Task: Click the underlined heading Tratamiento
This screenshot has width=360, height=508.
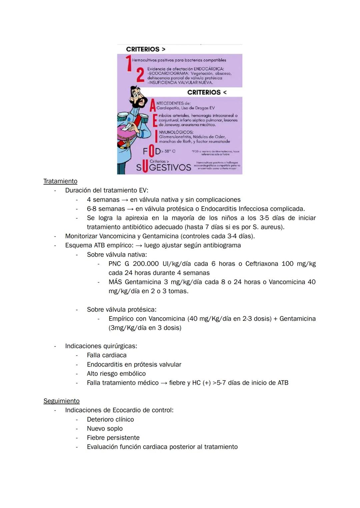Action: pos(60,181)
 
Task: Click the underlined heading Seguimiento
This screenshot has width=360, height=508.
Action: pos(62,401)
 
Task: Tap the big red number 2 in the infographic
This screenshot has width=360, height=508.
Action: pos(140,75)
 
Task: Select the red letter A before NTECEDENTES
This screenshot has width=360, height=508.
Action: pos(153,105)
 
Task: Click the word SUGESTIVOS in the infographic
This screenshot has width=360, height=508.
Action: pos(164,167)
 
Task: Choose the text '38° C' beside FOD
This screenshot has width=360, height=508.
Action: pos(170,151)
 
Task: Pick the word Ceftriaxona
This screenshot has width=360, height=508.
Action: pos(262,264)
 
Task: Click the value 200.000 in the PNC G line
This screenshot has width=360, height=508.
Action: pos(146,264)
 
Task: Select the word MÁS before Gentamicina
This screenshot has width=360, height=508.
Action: pos(115,282)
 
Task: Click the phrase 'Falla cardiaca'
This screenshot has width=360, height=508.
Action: pos(107,355)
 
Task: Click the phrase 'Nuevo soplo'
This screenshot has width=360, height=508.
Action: pos(105,429)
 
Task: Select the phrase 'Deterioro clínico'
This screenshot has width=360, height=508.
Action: pos(110,420)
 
